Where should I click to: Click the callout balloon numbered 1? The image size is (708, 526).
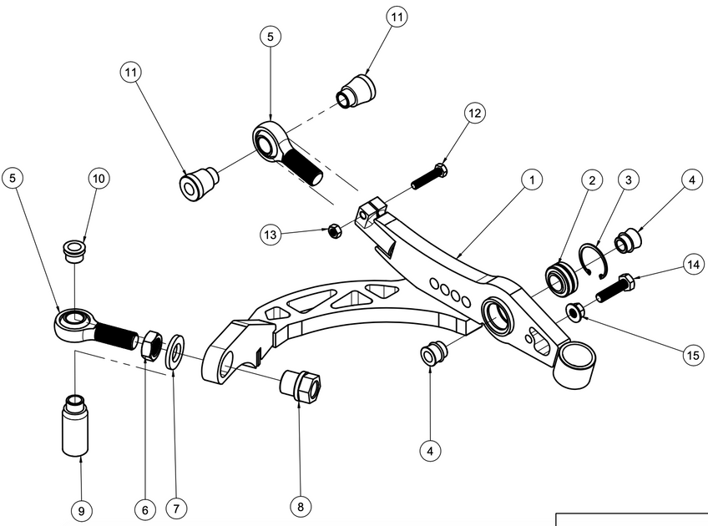click(x=530, y=179)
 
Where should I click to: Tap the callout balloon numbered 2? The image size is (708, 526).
click(x=591, y=180)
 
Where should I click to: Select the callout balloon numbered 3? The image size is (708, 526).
click(x=629, y=180)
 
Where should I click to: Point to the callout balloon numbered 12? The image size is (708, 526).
click(x=475, y=114)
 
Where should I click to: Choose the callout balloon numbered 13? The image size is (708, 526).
click(x=269, y=236)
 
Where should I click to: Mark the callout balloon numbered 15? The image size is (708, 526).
click(x=692, y=355)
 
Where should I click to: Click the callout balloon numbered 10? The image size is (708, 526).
click(x=99, y=179)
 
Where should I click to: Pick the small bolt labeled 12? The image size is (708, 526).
click(x=428, y=176)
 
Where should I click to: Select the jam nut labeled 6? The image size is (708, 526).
click(x=152, y=344)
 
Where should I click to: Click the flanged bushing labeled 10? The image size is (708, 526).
click(x=75, y=250)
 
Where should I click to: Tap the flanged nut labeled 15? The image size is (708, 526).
click(x=574, y=312)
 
